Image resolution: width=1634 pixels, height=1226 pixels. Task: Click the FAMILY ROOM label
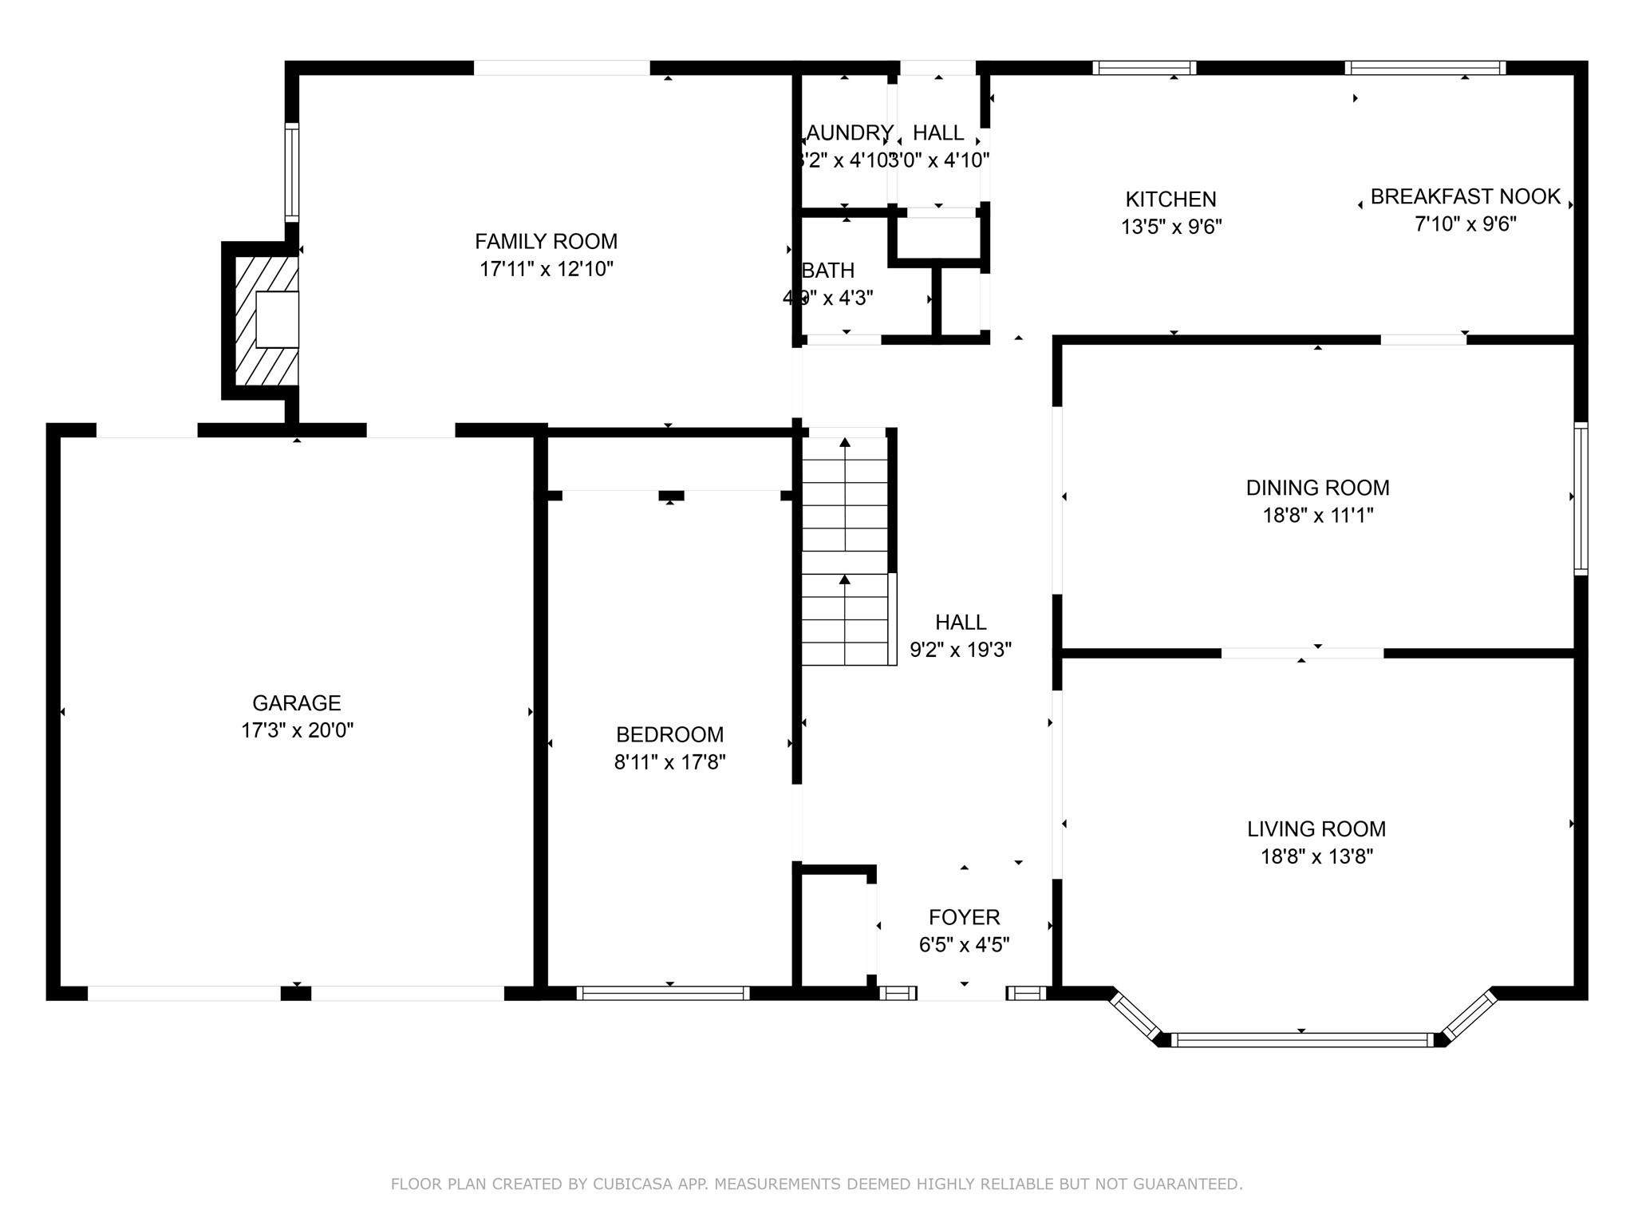pos(546,241)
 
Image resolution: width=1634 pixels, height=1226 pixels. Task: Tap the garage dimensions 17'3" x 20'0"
pos(297,730)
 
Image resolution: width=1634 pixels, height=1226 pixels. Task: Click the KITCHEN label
pos(1170,199)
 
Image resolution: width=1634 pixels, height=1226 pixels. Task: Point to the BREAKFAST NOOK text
pos(1465,196)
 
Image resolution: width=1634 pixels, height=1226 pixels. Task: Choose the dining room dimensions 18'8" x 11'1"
pos(1317,515)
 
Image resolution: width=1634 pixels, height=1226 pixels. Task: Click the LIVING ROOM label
pos(1316,829)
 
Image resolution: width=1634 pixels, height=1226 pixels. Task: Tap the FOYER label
pos(964,917)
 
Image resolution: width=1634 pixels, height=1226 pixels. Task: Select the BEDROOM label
pos(669,734)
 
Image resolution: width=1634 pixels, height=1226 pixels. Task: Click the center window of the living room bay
pos(1301,1040)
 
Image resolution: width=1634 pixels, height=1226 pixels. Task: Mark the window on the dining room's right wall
pos(1581,498)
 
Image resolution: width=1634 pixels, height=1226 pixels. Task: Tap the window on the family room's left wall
pos(292,172)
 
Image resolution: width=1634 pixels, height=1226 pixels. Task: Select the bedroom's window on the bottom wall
pos(662,993)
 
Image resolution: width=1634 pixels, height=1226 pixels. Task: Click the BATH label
pos(828,271)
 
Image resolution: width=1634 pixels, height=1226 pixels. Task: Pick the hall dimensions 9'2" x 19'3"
pos(961,650)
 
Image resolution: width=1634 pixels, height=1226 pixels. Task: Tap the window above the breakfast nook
pos(1425,68)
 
